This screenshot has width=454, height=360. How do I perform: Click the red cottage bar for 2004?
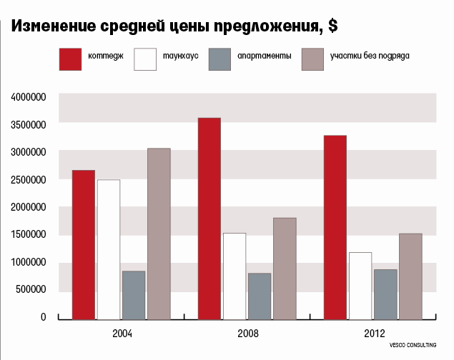tap(83, 244)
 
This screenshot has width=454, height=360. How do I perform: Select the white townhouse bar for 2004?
tap(109, 249)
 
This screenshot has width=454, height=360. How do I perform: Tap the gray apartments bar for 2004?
tap(134, 295)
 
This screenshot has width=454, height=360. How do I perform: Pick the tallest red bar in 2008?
tap(209, 218)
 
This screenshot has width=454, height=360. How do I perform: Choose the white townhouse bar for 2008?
tap(235, 276)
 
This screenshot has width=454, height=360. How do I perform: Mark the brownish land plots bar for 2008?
tap(284, 268)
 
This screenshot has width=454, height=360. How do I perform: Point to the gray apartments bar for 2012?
tap(385, 294)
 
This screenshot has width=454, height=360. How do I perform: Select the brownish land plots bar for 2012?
tap(410, 276)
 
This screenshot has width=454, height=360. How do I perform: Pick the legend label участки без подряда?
tap(370, 56)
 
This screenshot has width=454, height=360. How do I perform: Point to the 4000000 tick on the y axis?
tap(27, 96)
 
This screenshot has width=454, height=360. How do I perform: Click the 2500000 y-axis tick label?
tap(27, 179)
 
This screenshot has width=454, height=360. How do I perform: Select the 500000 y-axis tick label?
tap(30, 289)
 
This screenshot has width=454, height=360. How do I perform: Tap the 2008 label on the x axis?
tap(247, 334)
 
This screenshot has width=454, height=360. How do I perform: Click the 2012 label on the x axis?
tap(373, 334)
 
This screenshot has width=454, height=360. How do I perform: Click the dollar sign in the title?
tap(332, 26)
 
